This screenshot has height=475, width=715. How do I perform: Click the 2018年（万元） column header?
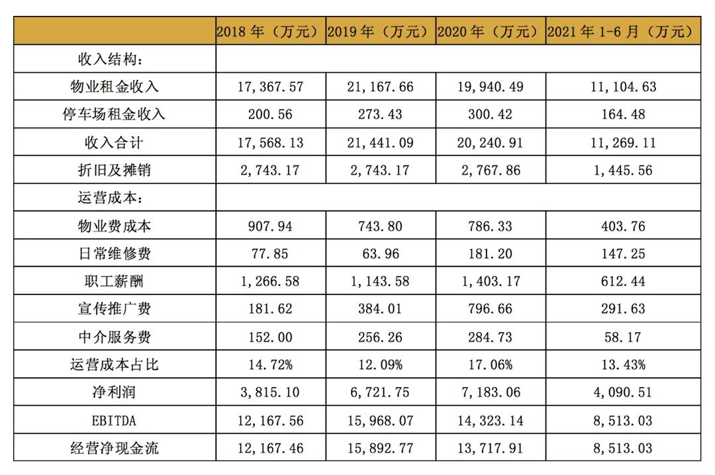coord(270,31)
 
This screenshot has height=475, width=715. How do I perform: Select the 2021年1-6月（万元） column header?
coord(623,31)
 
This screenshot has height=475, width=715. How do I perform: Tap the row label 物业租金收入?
coord(115,87)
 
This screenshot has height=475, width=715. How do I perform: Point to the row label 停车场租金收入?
coord(115,114)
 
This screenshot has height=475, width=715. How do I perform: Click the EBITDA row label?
coord(115,421)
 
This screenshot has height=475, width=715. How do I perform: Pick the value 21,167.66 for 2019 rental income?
coord(380,87)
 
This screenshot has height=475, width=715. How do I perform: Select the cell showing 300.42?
coord(491,114)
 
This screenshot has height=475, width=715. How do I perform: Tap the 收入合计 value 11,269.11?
coord(623,142)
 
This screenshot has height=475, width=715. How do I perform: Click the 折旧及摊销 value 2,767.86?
coord(491,170)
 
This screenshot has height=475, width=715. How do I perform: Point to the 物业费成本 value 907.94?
coord(270,226)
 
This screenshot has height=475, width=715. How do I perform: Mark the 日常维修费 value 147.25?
coord(623,254)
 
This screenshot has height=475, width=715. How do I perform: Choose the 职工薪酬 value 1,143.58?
coord(380,282)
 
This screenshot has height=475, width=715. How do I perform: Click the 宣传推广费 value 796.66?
coord(491,310)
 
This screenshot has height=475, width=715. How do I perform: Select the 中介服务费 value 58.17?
coord(623,337)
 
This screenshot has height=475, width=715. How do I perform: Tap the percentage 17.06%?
coord(491,365)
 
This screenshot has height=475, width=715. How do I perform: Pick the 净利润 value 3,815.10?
coord(270,392)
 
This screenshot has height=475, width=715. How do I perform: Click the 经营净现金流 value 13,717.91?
coord(491,449)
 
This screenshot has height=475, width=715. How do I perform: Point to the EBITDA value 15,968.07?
coord(380,421)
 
